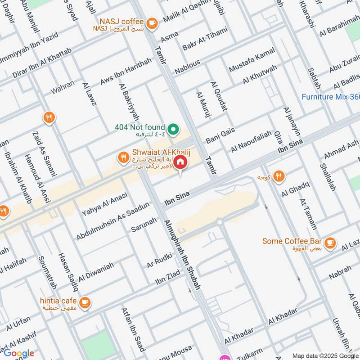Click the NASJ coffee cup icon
coord(152,22)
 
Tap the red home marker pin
coord(180,162)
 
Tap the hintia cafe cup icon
coord(85,301)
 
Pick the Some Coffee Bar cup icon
coord(331,242)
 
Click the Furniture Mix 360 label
coord(330,97)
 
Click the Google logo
coord(18,353)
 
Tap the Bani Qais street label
coord(220,134)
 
